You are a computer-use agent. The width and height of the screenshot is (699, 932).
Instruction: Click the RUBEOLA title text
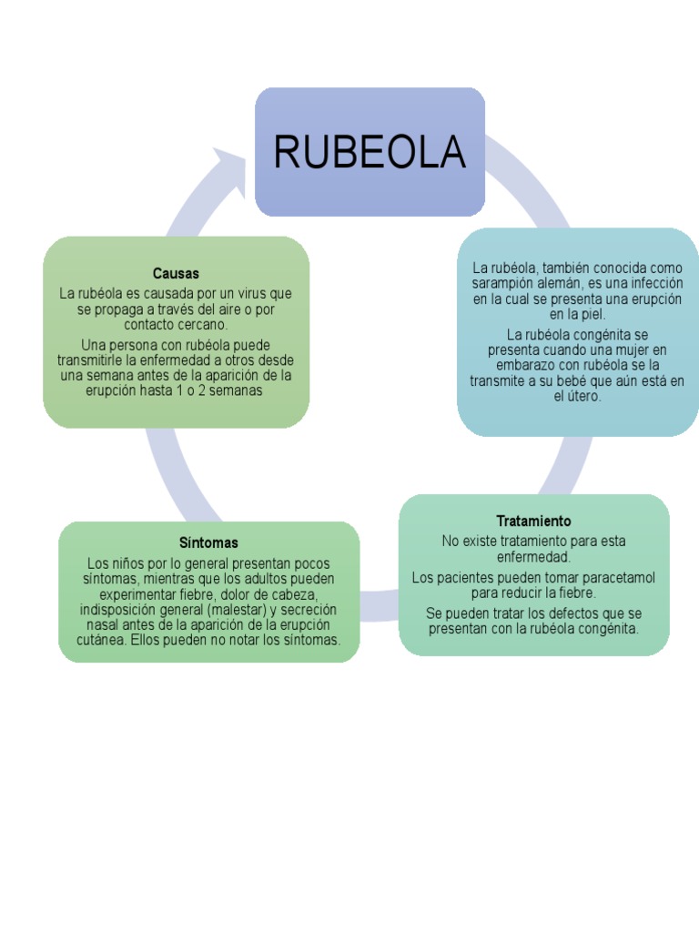370,152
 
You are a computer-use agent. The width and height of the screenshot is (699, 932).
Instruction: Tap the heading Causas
177,273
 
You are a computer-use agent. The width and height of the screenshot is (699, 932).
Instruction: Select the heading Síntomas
208,543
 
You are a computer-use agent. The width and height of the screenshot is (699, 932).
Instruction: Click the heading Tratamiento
534,521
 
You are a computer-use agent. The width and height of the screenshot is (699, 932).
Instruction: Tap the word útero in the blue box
585,397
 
